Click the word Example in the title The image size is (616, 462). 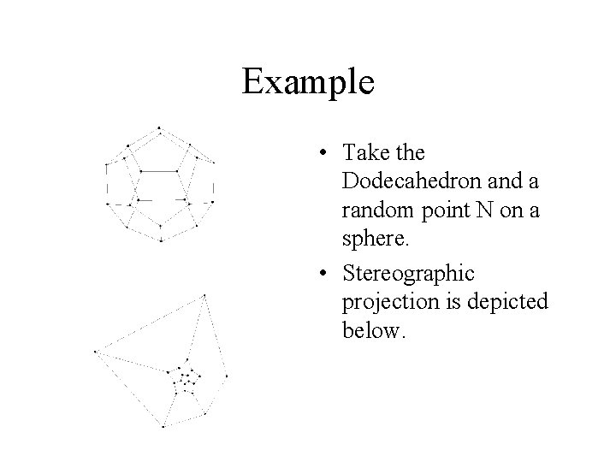coord(308,82)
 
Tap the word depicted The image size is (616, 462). coord(505,303)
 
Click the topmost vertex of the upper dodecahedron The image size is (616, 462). coord(159,127)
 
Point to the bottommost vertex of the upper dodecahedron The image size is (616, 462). coord(161,241)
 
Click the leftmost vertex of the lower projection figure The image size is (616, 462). coord(95,351)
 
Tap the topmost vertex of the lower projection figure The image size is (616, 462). coord(204,295)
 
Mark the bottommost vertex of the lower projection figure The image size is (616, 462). coord(163,425)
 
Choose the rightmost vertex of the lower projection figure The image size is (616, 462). coord(227,375)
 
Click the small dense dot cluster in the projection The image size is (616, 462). coord(186,380)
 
